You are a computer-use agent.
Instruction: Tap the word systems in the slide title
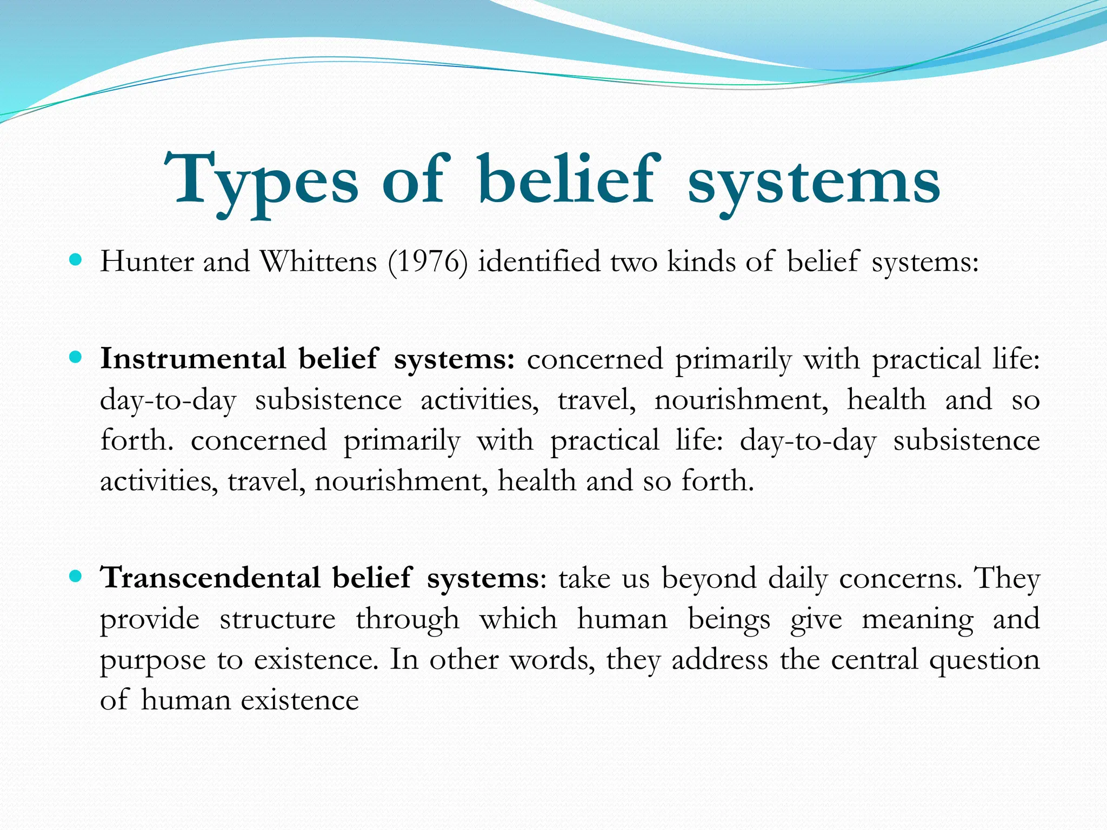(x=813, y=184)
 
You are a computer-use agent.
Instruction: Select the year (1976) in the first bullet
(x=428, y=263)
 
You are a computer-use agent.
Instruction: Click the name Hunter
(x=146, y=262)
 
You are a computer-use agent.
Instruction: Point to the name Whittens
(x=318, y=262)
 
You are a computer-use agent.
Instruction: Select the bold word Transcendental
(x=211, y=578)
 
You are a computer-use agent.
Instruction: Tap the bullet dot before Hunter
(x=76, y=260)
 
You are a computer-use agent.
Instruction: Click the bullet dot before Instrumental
(x=76, y=358)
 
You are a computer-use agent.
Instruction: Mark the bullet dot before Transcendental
(x=76, y=577)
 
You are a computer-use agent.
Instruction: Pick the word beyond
(x=709, y=579)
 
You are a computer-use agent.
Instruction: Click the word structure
(x=277, y=619)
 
